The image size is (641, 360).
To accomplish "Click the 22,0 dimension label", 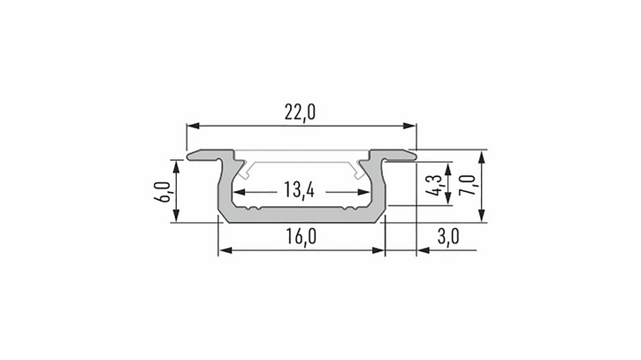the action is (300, 112).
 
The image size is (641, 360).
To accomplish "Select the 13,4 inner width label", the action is (299, 190).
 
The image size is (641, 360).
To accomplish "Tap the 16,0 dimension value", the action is (301, 236).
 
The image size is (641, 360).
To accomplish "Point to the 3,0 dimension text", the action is (448, 236).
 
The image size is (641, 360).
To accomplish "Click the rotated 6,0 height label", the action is (163, 192).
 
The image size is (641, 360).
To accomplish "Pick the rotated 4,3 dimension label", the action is (434, 185).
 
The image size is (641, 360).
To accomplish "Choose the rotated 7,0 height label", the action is (467, 185).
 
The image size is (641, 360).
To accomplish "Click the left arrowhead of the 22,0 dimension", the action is (193, 126).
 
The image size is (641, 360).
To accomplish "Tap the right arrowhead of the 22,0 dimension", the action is (409, 126).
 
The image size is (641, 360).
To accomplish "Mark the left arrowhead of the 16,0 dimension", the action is (225, 250).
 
